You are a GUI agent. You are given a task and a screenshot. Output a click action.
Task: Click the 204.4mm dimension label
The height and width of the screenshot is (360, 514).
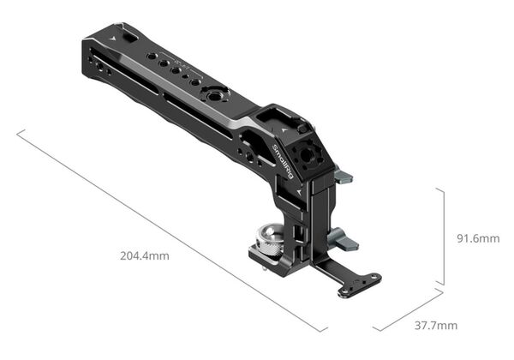(x=145, y=255)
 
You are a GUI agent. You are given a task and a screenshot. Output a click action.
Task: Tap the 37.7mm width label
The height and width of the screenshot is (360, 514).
(x=436, y=325)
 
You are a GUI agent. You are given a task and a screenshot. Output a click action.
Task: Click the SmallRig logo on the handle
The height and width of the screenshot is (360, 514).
(x=281, y=163)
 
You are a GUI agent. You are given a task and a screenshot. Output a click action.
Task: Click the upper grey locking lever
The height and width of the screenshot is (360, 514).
(x=343, y=177)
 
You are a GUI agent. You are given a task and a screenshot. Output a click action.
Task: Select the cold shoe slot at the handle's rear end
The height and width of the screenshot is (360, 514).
(x=126, y=39)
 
